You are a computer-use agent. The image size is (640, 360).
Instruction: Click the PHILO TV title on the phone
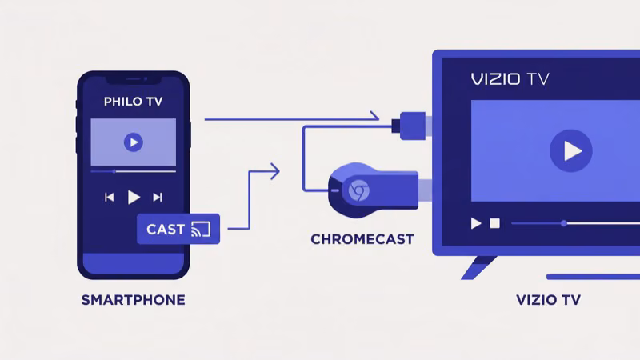(133, 102)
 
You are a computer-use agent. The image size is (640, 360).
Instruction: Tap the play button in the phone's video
(133, 142)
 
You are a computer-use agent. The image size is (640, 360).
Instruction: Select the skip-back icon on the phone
(110, 197)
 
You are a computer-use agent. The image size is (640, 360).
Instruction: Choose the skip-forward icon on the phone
(158, 197)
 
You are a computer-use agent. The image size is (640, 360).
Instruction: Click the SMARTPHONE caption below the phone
(133, 301)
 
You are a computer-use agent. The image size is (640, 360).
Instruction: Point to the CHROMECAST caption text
(362, 239)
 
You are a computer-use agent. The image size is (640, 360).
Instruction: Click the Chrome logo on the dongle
(358, 190)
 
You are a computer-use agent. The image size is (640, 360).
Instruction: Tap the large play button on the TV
(570, 150)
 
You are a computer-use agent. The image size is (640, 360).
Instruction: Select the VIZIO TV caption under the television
(548, 301)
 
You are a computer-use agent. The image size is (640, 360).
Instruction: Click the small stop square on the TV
(494, 223)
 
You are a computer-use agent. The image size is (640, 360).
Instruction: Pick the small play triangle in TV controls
(476, 223)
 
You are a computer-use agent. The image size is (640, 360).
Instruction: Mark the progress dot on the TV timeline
(564, 223)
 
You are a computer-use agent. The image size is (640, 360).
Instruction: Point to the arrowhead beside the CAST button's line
(275, 170)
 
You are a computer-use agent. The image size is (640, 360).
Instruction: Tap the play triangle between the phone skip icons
(134, 197)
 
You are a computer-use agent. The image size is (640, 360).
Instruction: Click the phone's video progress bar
(133, 171)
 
